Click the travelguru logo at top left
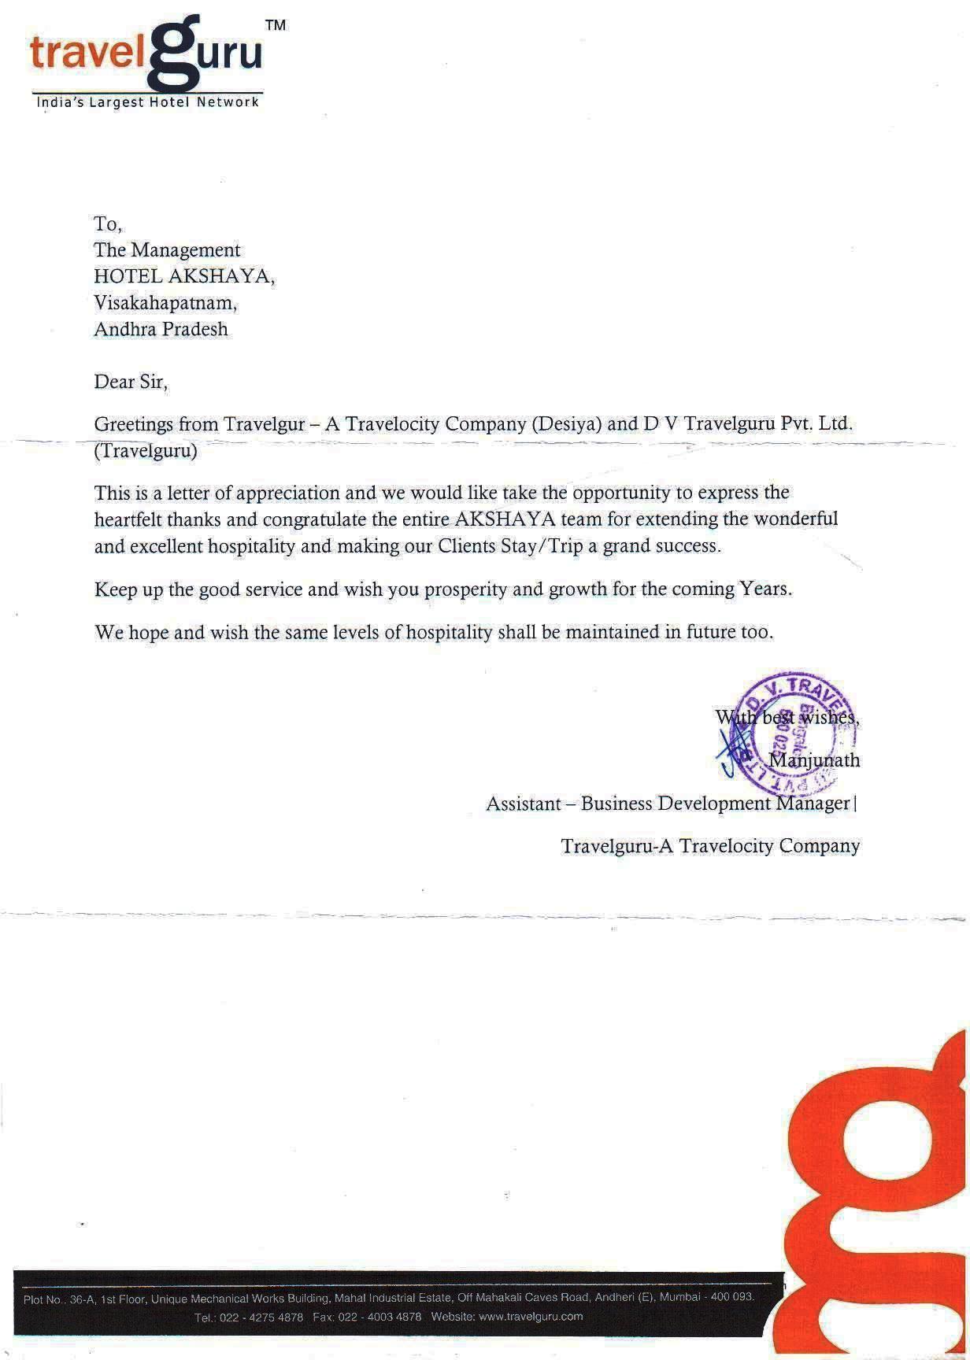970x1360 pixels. tap(146, 55)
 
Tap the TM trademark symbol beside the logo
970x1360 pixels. tap(275, 25)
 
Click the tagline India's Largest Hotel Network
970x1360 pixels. tap(148, 102)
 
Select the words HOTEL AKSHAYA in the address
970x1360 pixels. tap(184, 276)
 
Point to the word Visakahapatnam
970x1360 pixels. tap(165, 302)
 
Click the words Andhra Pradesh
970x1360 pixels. tap(161, 329)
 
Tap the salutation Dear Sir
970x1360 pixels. tap(131, 382)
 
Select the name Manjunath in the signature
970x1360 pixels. tap(814, 760)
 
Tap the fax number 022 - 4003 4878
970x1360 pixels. tap(379, 1317)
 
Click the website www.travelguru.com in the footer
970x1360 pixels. tap(531, 1317)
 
